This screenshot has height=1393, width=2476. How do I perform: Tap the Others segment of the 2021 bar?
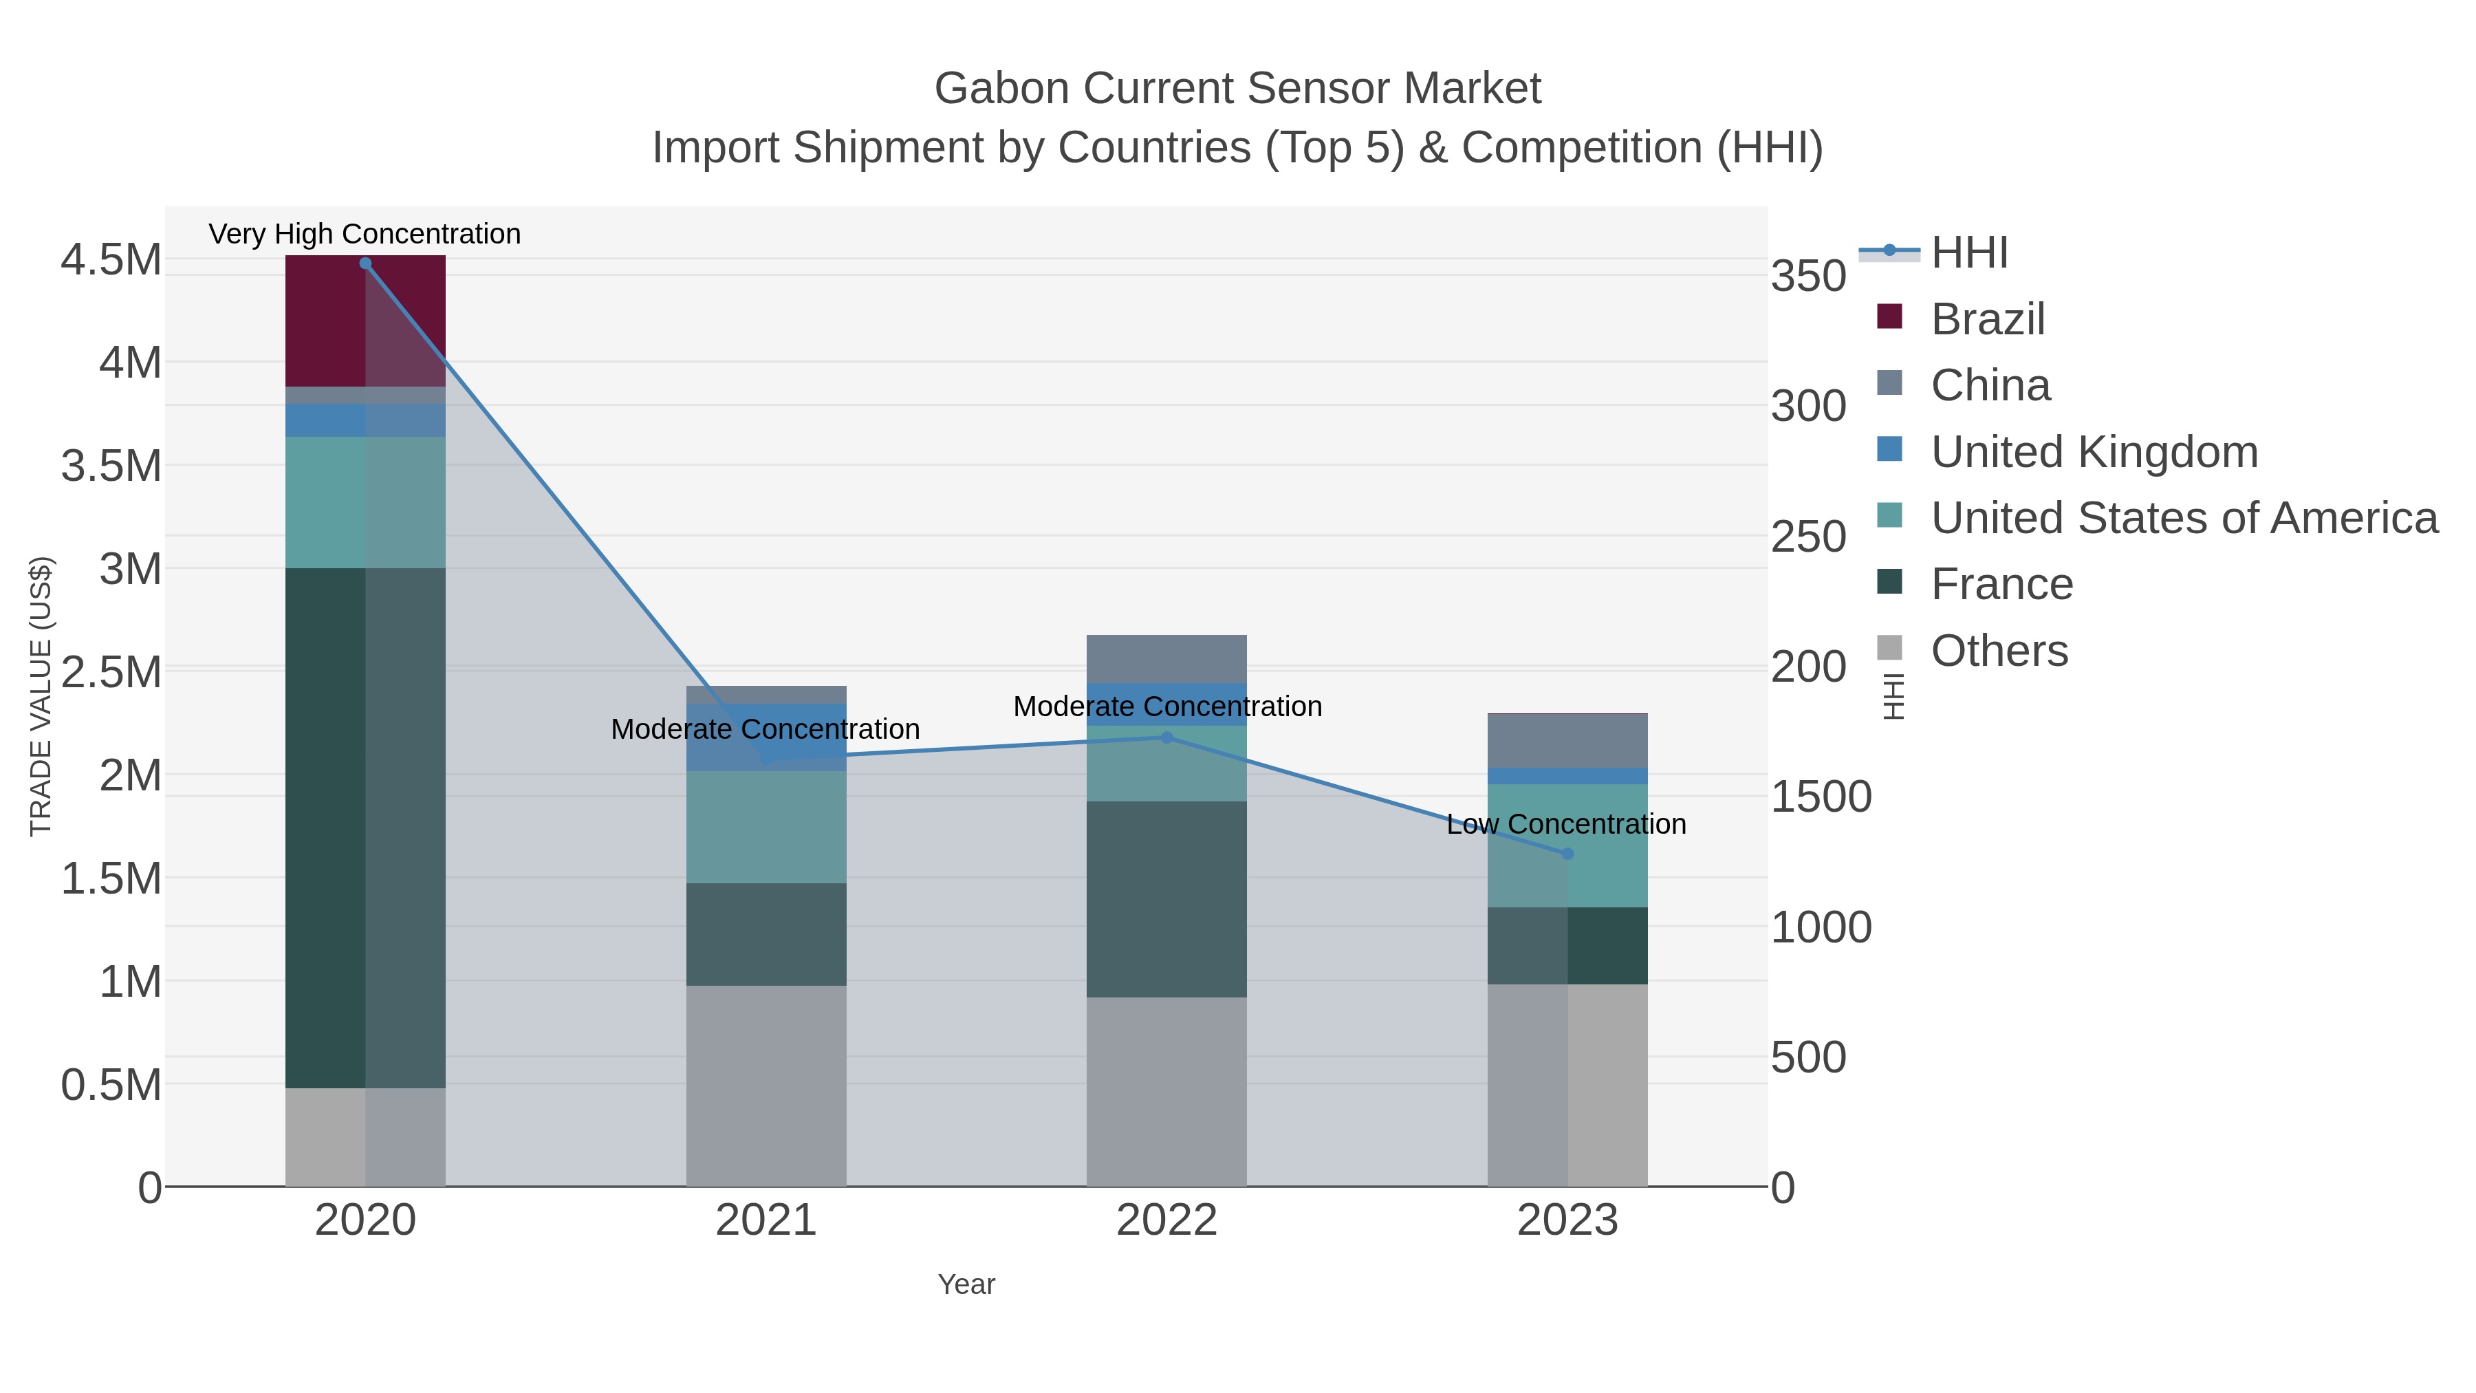(x=766, y=1086)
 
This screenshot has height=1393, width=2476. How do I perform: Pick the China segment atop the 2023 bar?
(x=1567, y=741)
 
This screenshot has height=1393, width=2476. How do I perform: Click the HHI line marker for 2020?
(x=365, y=263)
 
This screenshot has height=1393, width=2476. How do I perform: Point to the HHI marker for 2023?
(x=1567, y=854)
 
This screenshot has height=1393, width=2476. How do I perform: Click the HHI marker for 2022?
(x=1167, y=737)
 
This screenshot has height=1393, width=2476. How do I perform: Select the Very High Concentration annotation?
(x=365, y=234)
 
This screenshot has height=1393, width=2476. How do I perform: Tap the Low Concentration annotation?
(x=1566, y=824)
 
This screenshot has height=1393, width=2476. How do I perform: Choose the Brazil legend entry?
(x=1987, y=319)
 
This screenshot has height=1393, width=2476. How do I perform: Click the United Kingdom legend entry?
(x=2094, y=452)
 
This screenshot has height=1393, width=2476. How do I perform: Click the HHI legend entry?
(x=1968, y=253)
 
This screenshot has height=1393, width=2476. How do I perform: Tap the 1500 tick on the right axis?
(x=1821, y=797)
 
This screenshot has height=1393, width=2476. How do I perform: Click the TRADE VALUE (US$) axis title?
(x=41, y=696)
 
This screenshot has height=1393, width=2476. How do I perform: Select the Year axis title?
(x=966, y=1284)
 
